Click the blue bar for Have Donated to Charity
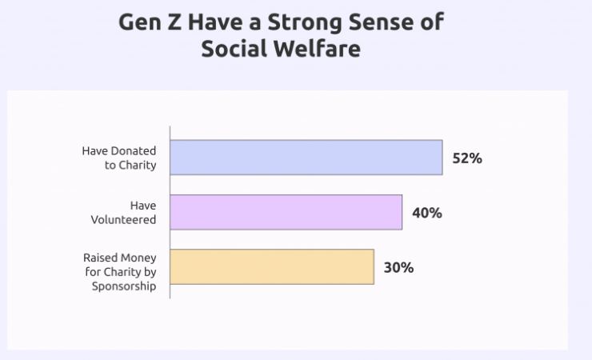tap(306, 158)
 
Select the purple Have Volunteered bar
tap(286, 212)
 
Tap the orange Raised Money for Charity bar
tap(272, 266)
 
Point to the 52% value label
tap(467, 158)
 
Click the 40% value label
tap(426, 213)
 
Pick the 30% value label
tap(398, 267)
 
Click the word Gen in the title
tap(139, 22)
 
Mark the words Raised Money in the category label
tap(120, 258)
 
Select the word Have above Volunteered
tap(143, 205)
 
